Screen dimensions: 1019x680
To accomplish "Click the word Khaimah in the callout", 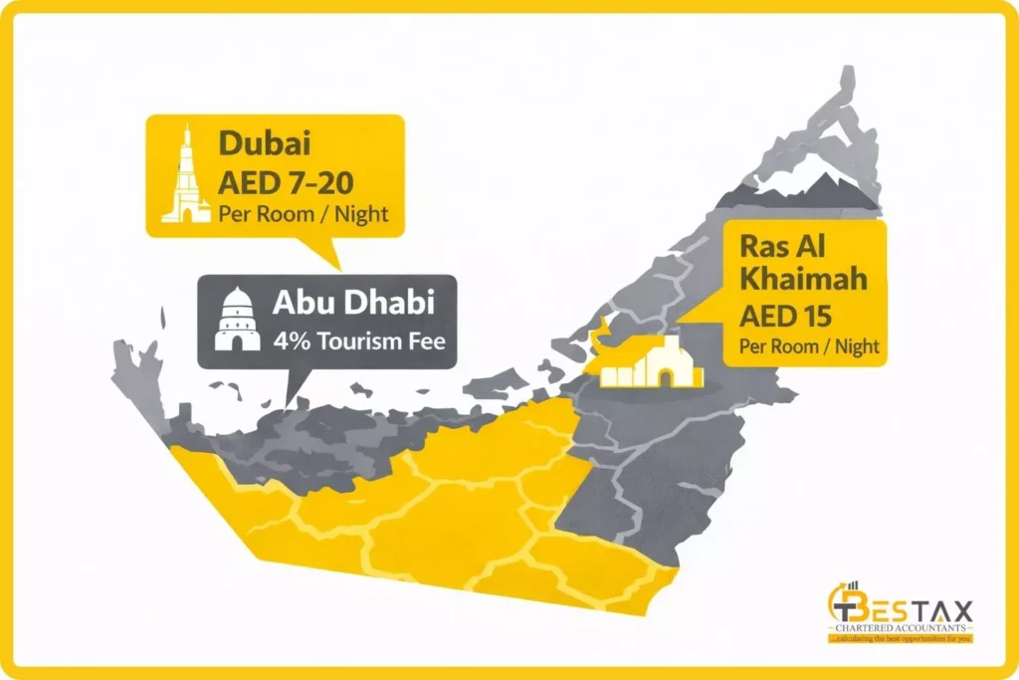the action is pos(802,280).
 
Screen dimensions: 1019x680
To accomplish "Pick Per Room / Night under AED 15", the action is pos(808,347).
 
